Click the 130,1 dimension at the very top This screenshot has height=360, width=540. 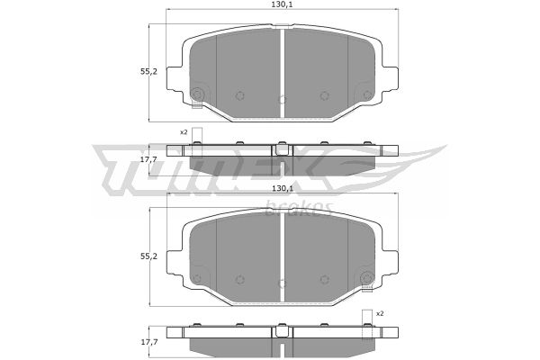(x=282, y=4)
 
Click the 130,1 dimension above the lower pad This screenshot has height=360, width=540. (x=282, y=188)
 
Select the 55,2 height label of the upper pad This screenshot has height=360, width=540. (x=148, y=72)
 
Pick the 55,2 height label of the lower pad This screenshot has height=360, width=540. (x=148, y=256)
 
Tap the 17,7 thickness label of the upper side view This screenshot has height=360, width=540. (x=148, y=159)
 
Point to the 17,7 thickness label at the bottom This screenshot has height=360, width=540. (x=148, y=342)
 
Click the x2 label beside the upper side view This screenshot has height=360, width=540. (x=184, y=132)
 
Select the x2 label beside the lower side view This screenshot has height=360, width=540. (x=380, y=313)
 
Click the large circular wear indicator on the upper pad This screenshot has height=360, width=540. (x=197, y=94)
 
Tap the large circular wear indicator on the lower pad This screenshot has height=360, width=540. (x=367, y=278)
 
